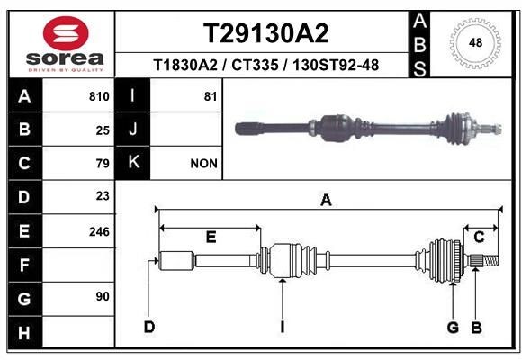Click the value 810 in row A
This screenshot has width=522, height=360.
[99, 96]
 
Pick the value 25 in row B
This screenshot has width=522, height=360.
[103, 130]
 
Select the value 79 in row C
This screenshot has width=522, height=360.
[103, 164]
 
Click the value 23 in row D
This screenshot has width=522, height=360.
[103, 196]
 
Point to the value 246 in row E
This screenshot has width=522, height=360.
[99, 231]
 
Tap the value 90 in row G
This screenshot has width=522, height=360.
[103, 296]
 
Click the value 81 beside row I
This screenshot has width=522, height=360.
[211, 96]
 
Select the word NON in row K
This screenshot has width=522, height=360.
[203, 164]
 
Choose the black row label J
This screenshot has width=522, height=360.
[133, 130]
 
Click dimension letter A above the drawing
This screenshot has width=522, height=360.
[326, 201]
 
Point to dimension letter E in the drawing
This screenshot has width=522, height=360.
[211, 237]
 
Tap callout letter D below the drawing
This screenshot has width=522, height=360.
[149, 326]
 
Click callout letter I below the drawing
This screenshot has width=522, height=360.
[282, 326]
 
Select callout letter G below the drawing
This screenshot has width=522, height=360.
[454, 326]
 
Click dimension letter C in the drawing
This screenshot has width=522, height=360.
[480, 237]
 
